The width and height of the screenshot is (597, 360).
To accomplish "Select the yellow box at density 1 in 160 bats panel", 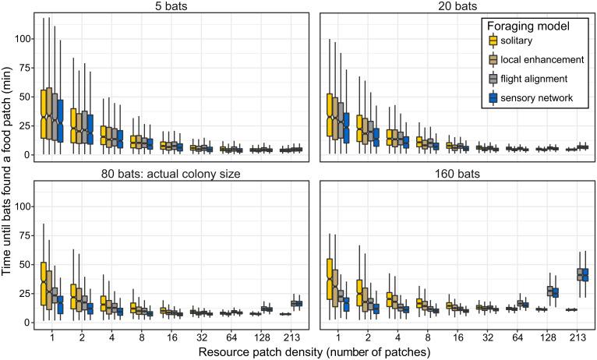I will [330, 281].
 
